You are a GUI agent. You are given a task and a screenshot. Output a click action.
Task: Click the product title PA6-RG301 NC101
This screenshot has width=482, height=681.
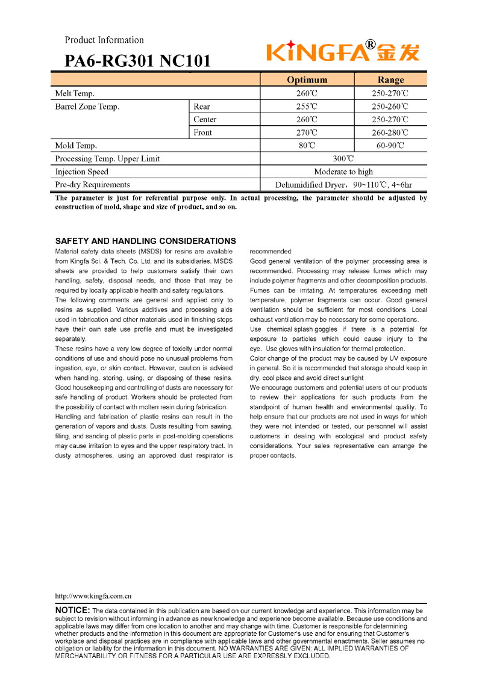138,61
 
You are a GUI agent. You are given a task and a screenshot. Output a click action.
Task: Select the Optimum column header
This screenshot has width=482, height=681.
307,79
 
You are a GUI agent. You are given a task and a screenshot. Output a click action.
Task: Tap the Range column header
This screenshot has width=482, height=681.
390,79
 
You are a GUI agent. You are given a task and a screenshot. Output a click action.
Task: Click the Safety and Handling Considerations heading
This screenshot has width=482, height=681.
145,241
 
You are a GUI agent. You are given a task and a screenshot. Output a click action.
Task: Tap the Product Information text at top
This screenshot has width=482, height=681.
104,40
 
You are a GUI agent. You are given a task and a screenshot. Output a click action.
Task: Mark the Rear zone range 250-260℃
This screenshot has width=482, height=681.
390,107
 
